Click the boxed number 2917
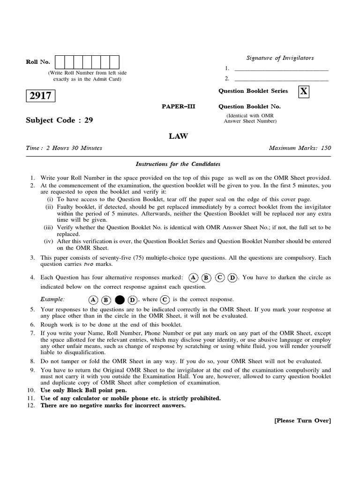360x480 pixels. point(41,96)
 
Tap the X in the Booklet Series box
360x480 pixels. point(304,91)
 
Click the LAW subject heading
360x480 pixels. point(178,136)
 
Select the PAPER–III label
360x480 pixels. point(178,106)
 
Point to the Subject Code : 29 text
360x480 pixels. point(59,120)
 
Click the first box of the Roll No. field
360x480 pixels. point(60,62)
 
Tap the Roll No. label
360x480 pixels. point(38,62)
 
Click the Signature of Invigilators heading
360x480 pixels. point(280,58)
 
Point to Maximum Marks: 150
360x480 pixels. point(300,148)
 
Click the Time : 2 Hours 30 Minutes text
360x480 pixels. point(64,148)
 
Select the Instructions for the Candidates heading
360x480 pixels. point(178,164)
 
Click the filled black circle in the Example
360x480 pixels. point(120,300)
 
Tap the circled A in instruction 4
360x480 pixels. point(194,277)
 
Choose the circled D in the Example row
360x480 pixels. point(133,300)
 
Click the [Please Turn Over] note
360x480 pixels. point(302,420)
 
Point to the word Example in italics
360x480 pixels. point(52,300)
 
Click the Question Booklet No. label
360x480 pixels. point(250,106)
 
